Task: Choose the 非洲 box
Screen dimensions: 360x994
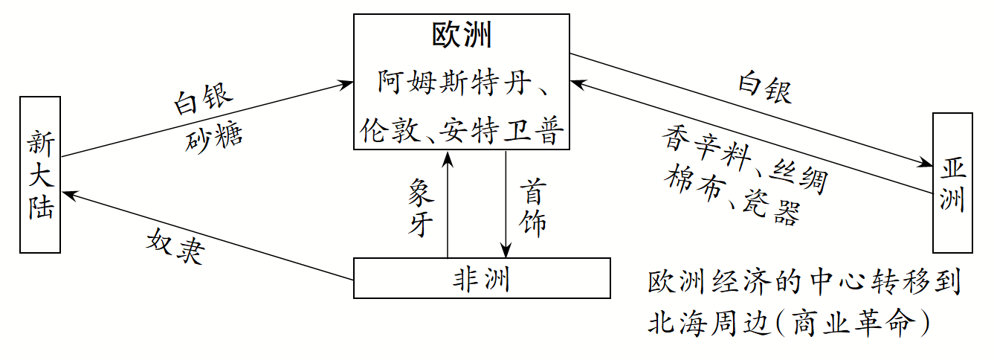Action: [481, 278]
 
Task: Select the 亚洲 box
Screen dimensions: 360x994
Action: [952, 183]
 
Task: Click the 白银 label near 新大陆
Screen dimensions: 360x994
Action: [203, 101]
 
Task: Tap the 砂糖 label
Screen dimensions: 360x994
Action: [214, 135]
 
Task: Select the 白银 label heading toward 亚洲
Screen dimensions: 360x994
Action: [764, 86]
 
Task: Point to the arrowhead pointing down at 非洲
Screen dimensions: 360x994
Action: [506, 251]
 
